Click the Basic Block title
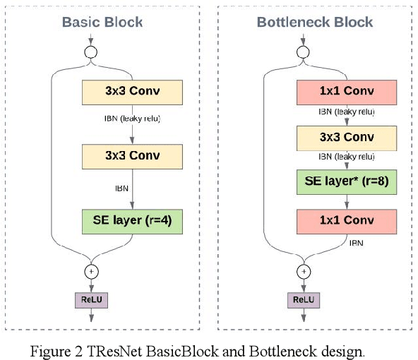(102, 22)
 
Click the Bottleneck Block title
(314, 22)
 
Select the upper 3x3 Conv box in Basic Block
(132, 92)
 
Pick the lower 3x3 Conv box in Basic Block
(132, 156)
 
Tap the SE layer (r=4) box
(132, 222)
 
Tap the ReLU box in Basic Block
(91, 300)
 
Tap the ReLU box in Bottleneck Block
(303, 300)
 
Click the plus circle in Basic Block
(91, 271)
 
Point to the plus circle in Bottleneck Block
(304, 271)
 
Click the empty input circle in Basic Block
(91, 52)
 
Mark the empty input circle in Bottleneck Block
(303, 52)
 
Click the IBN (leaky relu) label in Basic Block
(131, 118)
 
